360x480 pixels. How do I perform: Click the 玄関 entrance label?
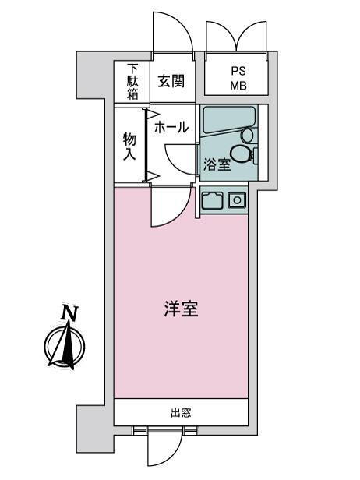(171, 81)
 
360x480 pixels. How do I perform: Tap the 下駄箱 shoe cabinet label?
(132, 82)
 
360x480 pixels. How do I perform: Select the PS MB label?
(238, 79)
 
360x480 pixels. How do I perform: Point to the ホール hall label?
(171, 127)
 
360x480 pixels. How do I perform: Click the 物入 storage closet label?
(129, 146)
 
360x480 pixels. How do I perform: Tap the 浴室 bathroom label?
(217, 165)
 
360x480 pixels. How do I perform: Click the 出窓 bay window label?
(181, 413)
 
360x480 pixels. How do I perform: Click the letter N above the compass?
(69, 312)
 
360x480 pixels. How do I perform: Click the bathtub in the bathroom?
(229, 120)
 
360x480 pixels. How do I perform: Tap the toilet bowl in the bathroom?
(241, 154)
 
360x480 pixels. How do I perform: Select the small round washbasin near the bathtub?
(247, 135)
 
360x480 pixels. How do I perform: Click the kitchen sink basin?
(212, 201)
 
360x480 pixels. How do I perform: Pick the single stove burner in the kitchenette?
(237, 200)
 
